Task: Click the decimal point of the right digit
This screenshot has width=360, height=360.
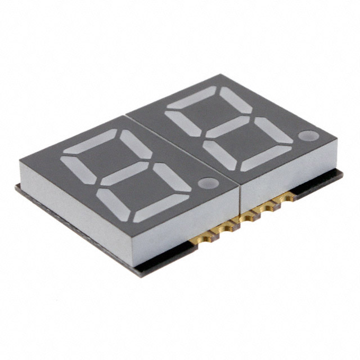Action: coord(308,136)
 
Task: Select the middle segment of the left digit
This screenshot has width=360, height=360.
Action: coord(127,174)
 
